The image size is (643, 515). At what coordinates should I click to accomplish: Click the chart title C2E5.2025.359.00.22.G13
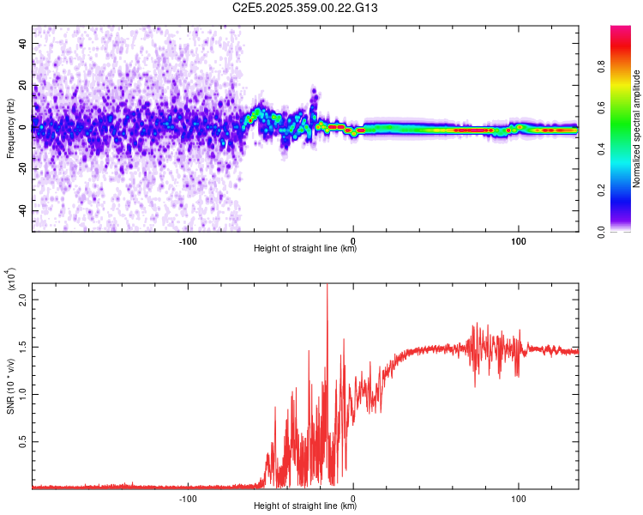(x=306, y=8)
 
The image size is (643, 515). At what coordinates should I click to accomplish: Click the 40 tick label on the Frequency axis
(x=22, y=43)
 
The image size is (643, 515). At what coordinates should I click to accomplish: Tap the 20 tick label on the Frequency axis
(x=22, y=85)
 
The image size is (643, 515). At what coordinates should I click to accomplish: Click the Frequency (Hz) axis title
(x=9, y=129)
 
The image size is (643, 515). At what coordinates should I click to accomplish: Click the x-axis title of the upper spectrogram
(x=305, y=249)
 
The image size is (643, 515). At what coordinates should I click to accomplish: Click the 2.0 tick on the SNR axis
(x=22, y=301)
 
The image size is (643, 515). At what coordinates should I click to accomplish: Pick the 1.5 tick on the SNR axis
(x=22, y=348)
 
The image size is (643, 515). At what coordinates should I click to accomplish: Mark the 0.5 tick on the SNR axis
(x=22, y=441)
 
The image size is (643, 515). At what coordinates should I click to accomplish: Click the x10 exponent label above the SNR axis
(x=11, y=280)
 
